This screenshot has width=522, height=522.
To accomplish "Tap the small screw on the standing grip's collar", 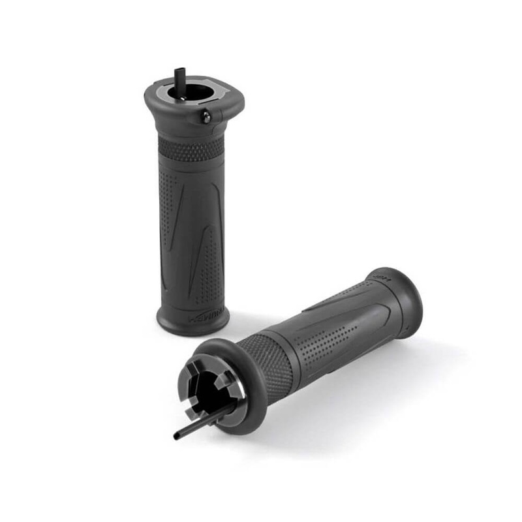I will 206,117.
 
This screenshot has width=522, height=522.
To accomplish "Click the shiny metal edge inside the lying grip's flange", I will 239,391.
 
